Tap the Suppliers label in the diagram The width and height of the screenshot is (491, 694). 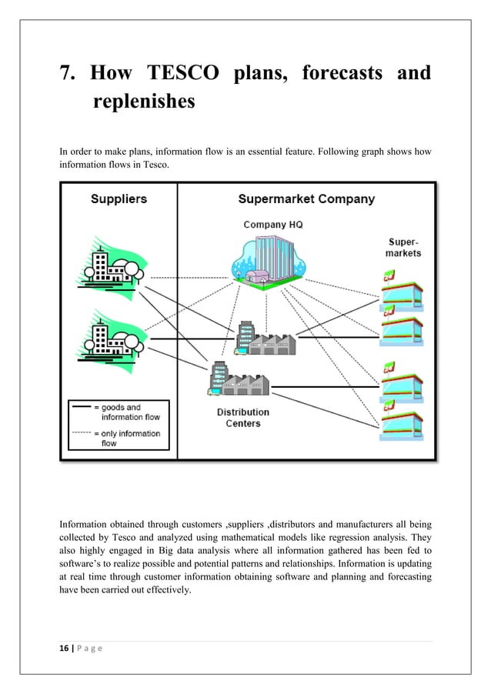[119, 199]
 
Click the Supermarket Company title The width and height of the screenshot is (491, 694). [306, 199]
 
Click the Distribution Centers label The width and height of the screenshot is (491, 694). [242, 417]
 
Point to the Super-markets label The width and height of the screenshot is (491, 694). [403, 247]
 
